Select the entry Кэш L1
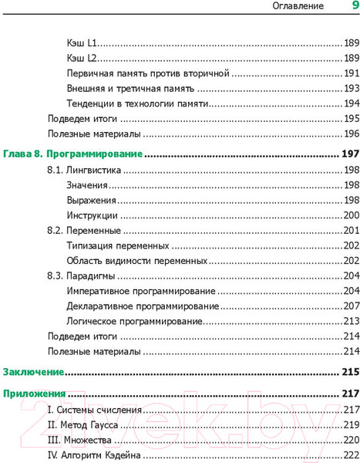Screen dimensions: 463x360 81,43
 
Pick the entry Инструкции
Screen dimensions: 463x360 92,215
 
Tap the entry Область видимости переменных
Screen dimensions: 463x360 136,261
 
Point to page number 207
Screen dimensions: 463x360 351,306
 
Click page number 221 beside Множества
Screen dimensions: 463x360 351,440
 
